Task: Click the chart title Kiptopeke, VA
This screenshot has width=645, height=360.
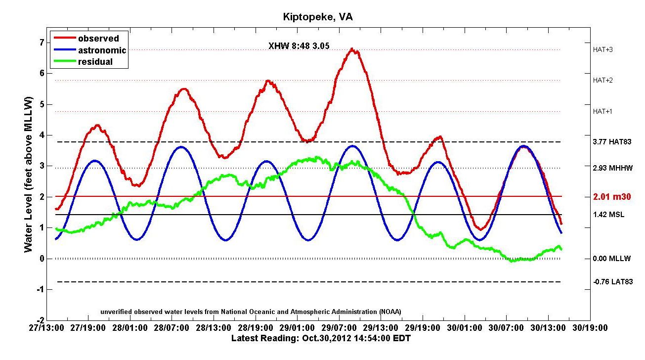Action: [318, 17]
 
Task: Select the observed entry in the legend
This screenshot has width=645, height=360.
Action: [98, 39]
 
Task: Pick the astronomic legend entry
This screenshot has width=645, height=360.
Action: [101, 50]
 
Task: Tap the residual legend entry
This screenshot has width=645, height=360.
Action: [95, 62]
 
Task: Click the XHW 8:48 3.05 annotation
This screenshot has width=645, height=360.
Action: [299, 46]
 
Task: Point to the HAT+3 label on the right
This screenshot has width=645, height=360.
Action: [602, 49]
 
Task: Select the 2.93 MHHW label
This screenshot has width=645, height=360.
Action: [612, 168]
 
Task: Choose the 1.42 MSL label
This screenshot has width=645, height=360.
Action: [608, 215]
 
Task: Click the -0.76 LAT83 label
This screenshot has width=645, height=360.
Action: [612, 282]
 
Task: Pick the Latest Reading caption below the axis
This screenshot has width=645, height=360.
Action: [321, 338]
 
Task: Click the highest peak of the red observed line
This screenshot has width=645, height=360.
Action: [351, 48]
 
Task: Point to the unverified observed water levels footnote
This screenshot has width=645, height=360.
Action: [251, 311]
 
